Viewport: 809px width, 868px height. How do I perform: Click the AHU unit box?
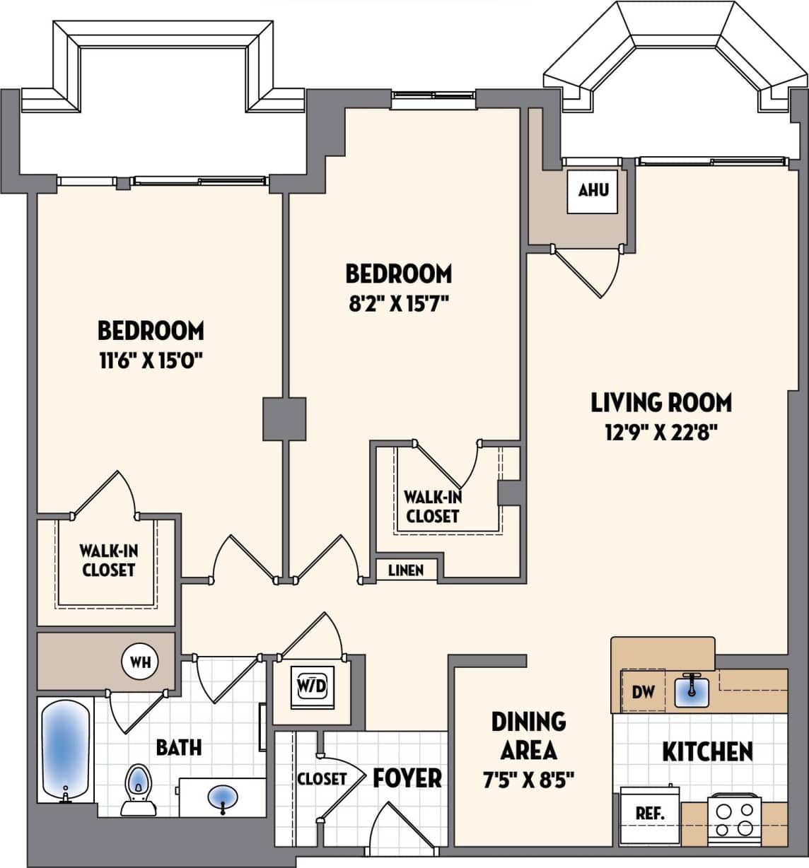(593, 190)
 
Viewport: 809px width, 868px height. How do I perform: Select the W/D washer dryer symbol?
(312, 685)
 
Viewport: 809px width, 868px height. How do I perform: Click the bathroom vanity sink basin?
(223, 798)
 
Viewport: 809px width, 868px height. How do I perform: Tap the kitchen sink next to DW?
(690, 690)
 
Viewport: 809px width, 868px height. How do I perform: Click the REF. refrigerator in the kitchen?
(649, 814)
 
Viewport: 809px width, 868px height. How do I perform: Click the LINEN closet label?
(406, 570)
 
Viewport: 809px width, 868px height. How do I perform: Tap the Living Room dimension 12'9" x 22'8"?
(661, 432)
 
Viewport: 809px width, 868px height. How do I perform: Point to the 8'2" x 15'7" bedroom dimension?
(398, 303)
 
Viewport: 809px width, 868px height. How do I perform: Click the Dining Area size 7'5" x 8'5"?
(528, 780)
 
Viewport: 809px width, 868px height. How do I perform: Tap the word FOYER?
(407, 778)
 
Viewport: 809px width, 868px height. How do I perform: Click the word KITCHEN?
(707, 751)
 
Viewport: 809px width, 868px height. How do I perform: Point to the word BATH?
(179, 747)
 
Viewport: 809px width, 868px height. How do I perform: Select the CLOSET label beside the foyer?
(322, 778)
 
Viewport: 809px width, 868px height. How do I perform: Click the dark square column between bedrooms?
(284, 419)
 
